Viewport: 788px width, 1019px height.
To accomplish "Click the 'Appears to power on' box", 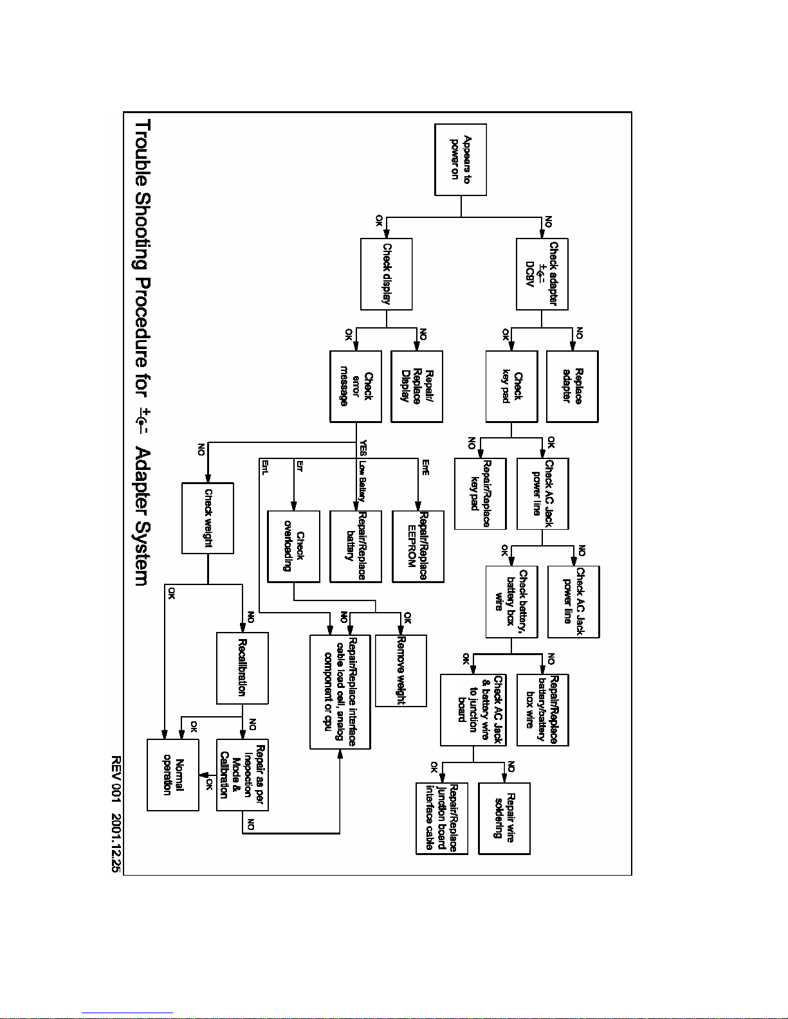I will click(461, 159).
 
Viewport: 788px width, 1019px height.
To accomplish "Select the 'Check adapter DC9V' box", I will click(542, 274).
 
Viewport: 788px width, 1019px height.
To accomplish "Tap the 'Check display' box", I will click(386, 274).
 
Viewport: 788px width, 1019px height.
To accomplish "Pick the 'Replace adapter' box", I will click(572, 386).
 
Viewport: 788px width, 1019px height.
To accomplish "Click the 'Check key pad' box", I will click(511, 386).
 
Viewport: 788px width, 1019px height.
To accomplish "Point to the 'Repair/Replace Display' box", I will click(417, 386).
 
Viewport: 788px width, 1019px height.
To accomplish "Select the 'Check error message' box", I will click(356, 386).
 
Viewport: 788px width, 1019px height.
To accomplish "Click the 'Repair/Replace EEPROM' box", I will click(417, 546).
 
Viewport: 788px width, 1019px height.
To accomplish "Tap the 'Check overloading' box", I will click(293, 546).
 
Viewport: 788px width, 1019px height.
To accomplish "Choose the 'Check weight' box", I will click(208, 518).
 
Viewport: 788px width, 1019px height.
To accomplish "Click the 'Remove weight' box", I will click(401, 671).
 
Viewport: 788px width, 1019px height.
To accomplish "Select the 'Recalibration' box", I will click(243, 668).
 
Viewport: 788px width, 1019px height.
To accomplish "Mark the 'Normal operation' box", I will click(173, 775).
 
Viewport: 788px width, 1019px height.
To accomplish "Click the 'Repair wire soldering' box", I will click(504, 818).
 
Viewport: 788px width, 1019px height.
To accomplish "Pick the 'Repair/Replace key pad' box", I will click(480, 493).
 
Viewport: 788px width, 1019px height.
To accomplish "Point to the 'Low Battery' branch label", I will click(362, 481).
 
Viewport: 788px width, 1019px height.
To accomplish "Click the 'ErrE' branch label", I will click(425, 467).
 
